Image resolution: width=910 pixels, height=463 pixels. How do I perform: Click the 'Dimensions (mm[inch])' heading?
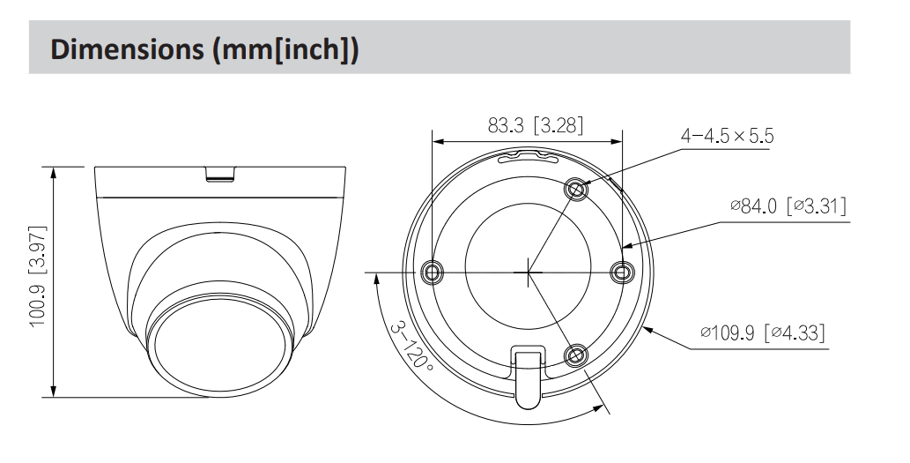[204, 49]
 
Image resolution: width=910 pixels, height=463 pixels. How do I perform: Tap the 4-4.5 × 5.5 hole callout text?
[727, 137]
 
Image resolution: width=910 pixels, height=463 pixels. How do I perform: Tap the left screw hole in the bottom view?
[431, 272]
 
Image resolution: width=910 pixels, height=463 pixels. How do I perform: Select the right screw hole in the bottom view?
[622, 272]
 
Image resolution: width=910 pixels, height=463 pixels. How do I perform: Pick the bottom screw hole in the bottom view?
[577, 355]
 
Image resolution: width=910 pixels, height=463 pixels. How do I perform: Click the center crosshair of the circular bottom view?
[527, 272]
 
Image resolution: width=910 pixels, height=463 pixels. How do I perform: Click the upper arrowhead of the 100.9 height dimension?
[55, 172]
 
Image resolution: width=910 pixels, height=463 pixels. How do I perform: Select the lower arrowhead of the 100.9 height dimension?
[55, 391]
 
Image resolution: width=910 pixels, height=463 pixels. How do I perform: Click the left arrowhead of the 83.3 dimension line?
[437, 141]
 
